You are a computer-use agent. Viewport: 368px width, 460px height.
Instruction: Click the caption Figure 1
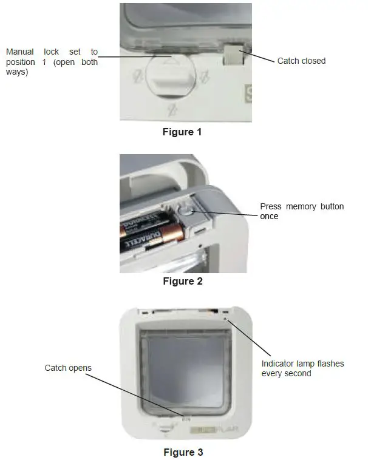[182, 132]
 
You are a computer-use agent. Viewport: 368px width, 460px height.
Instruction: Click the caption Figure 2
[182, 281]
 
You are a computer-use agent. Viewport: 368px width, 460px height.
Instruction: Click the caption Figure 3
[183, 452]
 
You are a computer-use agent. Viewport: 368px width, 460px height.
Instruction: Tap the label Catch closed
[301, 61]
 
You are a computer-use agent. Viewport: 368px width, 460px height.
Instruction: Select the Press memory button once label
[302, 211]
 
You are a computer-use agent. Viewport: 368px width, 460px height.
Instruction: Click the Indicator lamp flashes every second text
[302, 368]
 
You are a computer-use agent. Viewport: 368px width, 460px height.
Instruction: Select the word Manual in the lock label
[20, 52]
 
